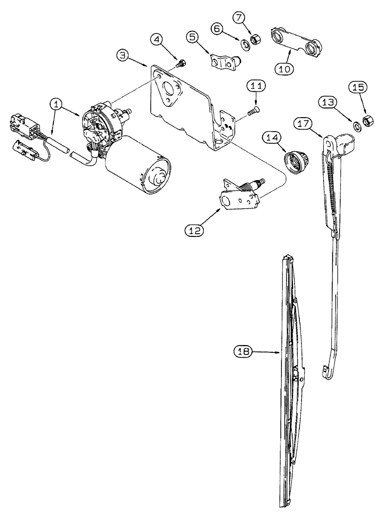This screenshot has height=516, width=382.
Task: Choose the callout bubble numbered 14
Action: click(x=273, y=138)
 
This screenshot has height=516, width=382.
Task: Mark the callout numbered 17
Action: click(x=303, y=124)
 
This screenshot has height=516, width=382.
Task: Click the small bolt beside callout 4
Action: click(x=181, y=65)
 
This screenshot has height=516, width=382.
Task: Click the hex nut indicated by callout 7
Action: click(x=255, y=39)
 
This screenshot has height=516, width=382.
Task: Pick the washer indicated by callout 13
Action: click(x=357, y=124)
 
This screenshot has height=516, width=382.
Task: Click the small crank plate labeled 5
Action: click(x=222, y=61)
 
